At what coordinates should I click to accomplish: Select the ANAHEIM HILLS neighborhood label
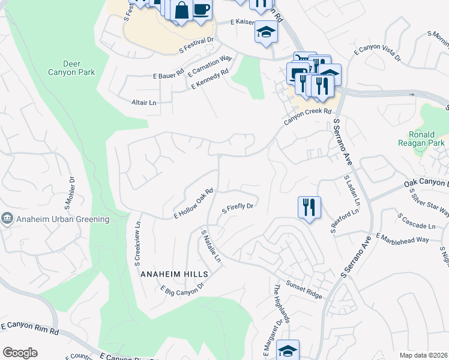pyautogui.click(x=174, y=274)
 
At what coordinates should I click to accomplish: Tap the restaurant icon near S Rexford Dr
pyautogui.click(x=309, y=207)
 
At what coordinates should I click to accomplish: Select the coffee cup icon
pyautogui.click(x=201, y=10)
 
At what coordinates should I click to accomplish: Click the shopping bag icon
pyautogui.click(x=181, y=10)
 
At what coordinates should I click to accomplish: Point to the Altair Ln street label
pyautogui.click(x=144, y=103)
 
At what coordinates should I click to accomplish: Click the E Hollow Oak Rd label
pyautogui.click(x=193, y=204)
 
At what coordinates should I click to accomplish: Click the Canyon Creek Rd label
pyautogui.click(x=307, y=116)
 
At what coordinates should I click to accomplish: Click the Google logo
pyautogui.click(x=20, y=353)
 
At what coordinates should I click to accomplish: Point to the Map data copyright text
pyautogui.click(x=424, y=355)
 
